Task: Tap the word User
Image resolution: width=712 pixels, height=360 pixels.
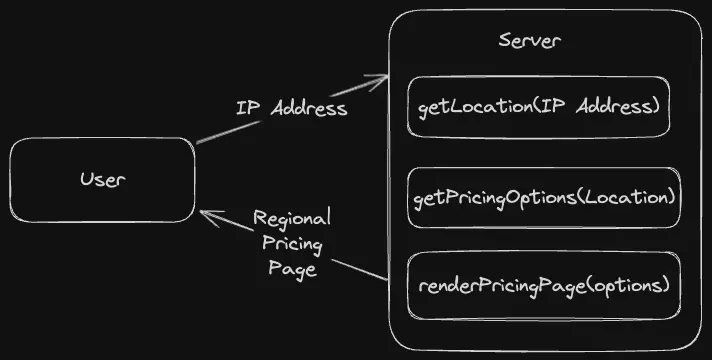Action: pyautogui.click(x=102, y=180)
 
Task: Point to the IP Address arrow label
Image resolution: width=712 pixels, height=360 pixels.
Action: pyautogui.click(x=291, y=108)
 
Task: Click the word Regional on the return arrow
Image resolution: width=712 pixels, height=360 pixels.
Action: pyautogui.click(x=291, y=218)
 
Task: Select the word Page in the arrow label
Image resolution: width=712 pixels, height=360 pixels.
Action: pyautogui.click(x=291, y=268)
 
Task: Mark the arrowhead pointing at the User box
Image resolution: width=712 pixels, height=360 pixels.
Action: pyautogui.click(x=206, y=214)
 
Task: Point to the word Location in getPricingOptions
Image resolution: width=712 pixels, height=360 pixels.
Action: pyautogui.click(x=636, y=197)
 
